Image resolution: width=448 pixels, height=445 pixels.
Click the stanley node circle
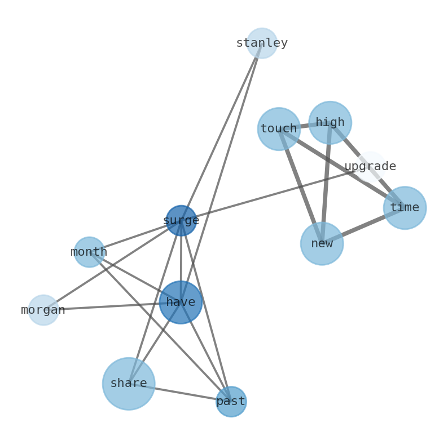pyautogui.click(x=262, y=43)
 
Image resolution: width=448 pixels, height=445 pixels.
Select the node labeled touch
pyautogui.click(x=279, y=129)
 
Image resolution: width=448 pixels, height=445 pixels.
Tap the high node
pyautogui.click(x=330, y=123)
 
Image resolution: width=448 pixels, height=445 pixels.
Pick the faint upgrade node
pyautogui.click(x=371, y=167)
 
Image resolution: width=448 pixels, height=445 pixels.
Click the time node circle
pyautogui.click(x=405, y=208)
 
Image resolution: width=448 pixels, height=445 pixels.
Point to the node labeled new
pyautogui.click(x=322, y=244)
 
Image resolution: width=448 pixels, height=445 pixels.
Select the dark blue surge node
pyautogui.click(x=181, y=221)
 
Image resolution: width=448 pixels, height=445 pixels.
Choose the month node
pyautogui.click(x=89, y=252)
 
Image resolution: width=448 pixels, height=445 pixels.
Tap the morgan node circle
pyautogui.click(x=43, y=310)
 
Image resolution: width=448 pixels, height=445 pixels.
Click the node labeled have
pyautogui.click(x=181, y=302)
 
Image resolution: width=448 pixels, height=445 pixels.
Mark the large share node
pyautogui.click(x=129, y=384)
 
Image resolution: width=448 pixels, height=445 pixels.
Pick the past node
pyautogui.click(x=231, y=402)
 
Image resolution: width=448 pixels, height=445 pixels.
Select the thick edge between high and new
pyautogui.click(x=326, y=183)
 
